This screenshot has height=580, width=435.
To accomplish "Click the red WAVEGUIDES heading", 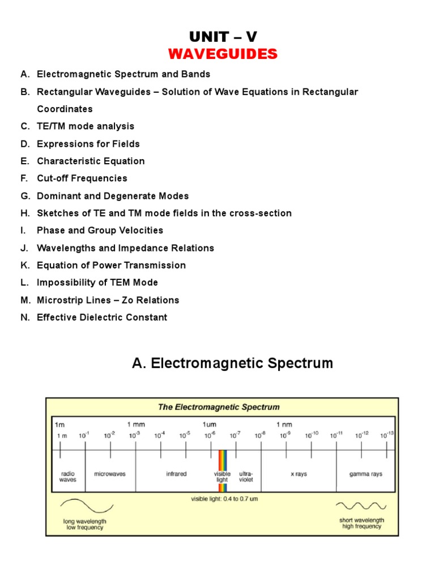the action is pyautogui.click(x=223, y=54).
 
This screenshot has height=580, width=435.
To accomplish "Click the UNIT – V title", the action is pyautogui.click(x=223, y=37).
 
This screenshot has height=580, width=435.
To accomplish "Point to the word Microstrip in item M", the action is pyautogui.click(x=59, y=300).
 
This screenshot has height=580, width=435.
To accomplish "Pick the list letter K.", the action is pyautogui.click(x=24, y=265).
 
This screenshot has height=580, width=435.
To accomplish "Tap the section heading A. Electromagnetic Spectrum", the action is pyautogui.click(x=232, y=363).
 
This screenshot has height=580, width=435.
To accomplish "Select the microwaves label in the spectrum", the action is pyautogui.click(x=110, y=474).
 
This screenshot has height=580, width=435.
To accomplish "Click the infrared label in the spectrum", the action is pyautogui.click(x=176, y=474).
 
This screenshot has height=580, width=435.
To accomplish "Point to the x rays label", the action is pyautogui.click(x=298, y=474).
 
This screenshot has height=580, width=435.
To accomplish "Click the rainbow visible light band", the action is pyautogui.click(x=223, y=460).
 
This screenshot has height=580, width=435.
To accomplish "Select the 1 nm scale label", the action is pyautogui.click(x=284, y=424).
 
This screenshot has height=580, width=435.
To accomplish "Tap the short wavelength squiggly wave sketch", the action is pyautogui.click(x=361, y=506).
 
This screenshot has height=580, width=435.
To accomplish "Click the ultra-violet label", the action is pyautogui.click(x=246, y=476).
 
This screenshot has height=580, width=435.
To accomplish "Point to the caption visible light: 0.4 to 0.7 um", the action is pyautogui.click(x=224, y=499).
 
